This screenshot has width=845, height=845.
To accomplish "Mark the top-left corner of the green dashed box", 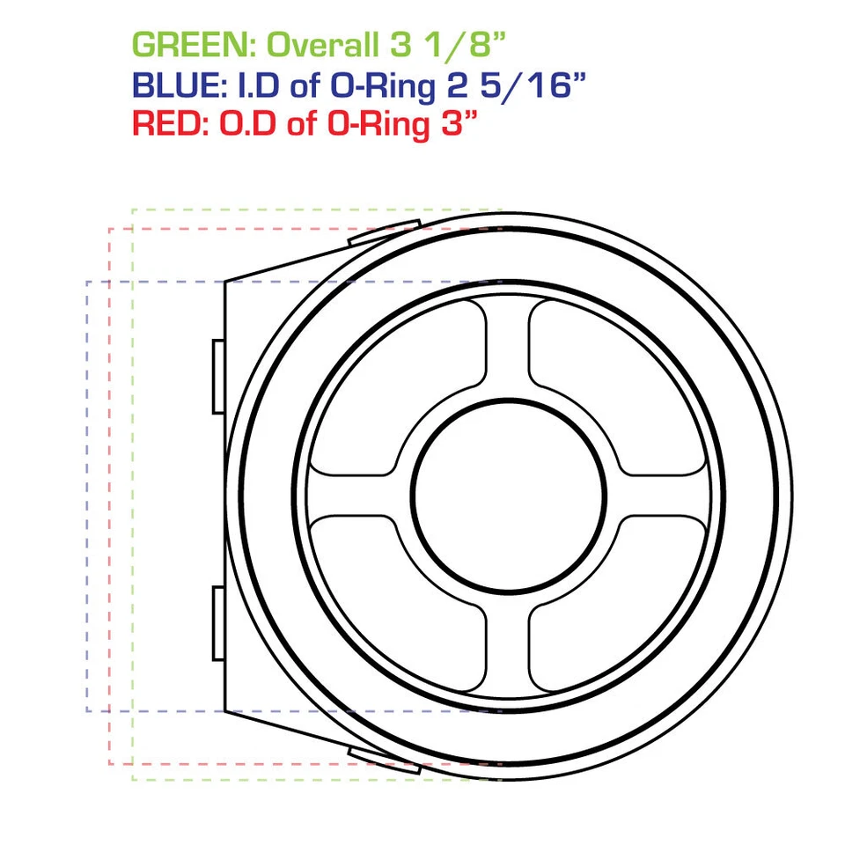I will click(x=132, y=209).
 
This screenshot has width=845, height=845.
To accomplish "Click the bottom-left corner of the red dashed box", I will click(x=109, y=763).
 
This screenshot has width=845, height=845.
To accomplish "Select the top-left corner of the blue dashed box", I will click(x=87, y=282).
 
